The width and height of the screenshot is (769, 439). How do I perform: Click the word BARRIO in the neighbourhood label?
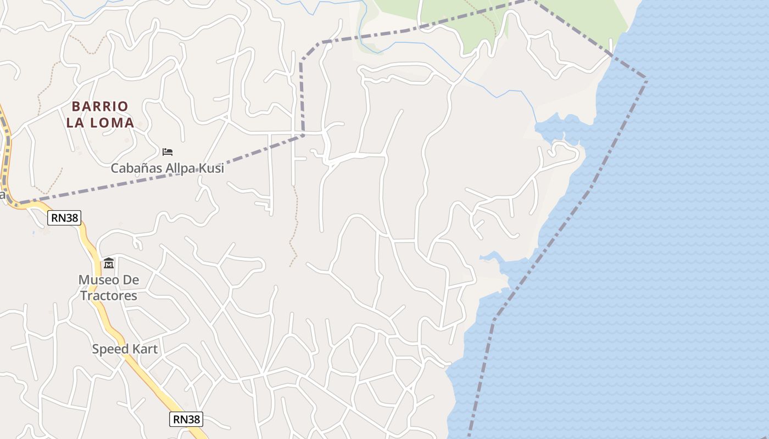100,106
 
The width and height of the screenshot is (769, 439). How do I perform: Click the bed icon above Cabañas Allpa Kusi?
168,151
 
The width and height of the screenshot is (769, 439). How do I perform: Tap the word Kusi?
211,168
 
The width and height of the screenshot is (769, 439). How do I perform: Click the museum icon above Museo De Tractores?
109,263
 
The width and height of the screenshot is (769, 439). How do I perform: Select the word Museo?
99,280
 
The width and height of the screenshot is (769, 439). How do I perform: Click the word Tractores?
109,296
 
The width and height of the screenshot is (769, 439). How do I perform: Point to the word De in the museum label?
131,280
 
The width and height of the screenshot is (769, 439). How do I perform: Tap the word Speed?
109,349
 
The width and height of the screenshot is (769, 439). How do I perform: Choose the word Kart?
144,349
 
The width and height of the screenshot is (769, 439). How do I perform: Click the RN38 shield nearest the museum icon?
64,218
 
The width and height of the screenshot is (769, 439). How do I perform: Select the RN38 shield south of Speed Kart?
186,419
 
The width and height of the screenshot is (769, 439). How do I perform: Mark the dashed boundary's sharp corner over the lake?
647,81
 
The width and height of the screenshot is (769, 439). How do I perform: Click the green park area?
571,16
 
